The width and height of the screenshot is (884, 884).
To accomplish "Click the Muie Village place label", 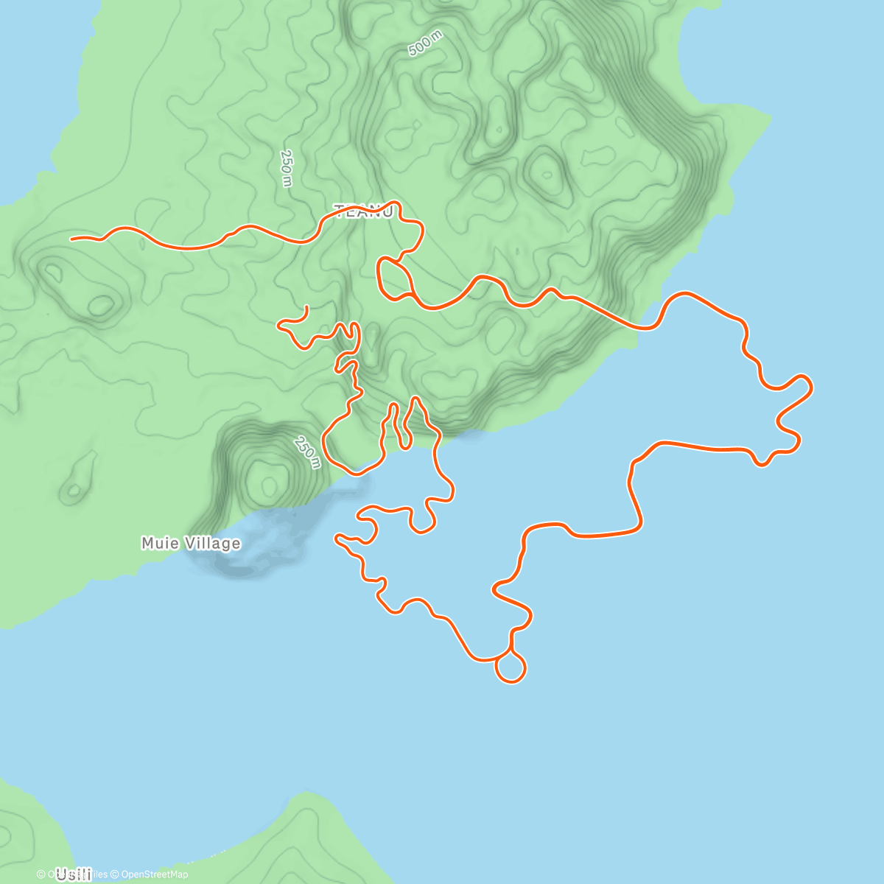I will tap(191, 543).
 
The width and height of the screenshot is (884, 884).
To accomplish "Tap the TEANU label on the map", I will tap(364, 212).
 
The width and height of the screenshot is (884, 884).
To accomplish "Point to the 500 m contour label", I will tap(424, 46).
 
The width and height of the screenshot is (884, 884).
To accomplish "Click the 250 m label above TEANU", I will tap(287, 168).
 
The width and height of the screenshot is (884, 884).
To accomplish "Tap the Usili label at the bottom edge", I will tap(73, 874).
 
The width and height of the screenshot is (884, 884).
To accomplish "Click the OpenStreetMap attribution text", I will tap(154, 874).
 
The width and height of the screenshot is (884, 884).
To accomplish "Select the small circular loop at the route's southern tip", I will tap(511, 667).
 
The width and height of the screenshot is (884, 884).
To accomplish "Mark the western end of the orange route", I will tap(72, 239).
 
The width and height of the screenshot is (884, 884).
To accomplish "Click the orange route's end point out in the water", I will tap(337, 537).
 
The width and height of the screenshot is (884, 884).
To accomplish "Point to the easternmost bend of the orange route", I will tap(811, 385).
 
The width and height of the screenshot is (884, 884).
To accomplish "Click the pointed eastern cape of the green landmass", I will tap(770, 118).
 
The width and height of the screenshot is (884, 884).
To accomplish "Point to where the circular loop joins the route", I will tap(511, 652).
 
